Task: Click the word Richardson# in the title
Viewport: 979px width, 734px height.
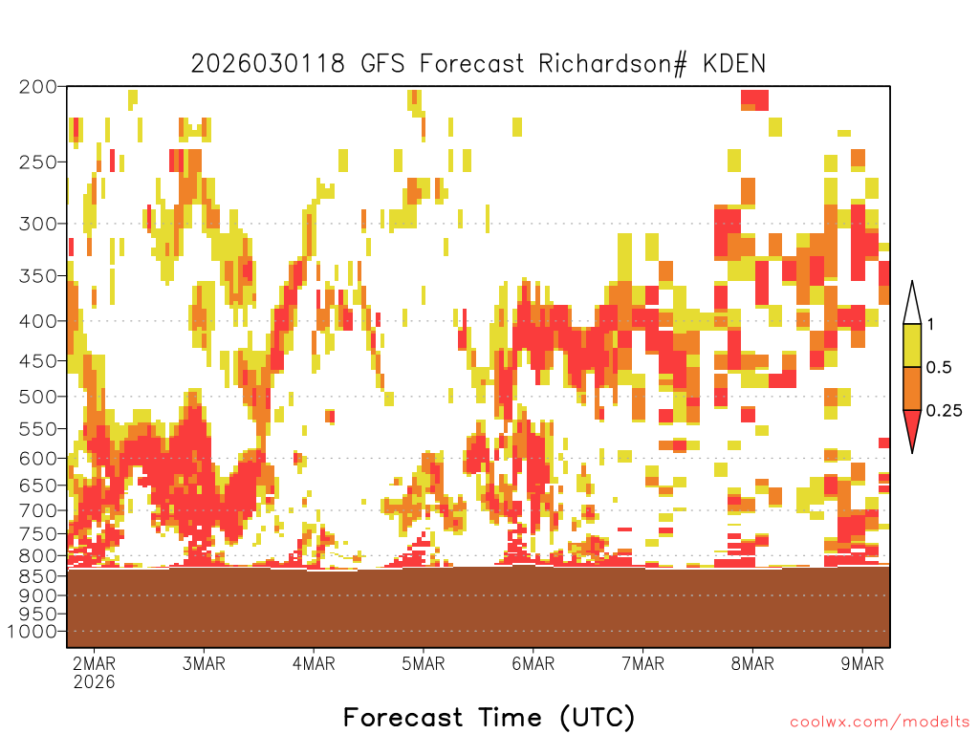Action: coord(613,64)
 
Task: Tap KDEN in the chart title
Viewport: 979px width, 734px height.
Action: coord(733,64)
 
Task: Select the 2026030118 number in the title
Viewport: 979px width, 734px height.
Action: coord(268,64)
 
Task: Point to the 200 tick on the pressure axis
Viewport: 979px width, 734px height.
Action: coord(37,87)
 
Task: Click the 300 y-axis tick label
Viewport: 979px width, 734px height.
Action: coord(37,224)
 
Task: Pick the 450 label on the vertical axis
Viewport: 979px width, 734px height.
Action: coord(37,361)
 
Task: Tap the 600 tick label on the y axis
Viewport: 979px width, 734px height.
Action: coord(37,458)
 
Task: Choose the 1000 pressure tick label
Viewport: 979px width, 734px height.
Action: coord(32,632)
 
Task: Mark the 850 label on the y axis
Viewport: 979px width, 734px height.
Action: coord(37,575)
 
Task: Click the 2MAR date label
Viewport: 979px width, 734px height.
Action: coord(95,663)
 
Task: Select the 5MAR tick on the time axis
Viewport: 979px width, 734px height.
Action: coord(424,663)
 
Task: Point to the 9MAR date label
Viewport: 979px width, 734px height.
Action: coord(862,663)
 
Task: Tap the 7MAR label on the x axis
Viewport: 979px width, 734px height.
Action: coord(643,663)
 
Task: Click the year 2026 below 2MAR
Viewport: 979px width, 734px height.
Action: coord(95,681)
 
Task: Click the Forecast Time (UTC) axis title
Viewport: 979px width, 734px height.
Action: coord(489,718)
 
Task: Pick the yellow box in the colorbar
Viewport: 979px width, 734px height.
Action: coord(912,345)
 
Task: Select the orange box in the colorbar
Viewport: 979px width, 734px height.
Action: coord(912,388)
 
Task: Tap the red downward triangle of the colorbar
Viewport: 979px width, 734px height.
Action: coord(912,427)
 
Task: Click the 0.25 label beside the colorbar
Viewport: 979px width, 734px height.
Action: coord(944,410)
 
